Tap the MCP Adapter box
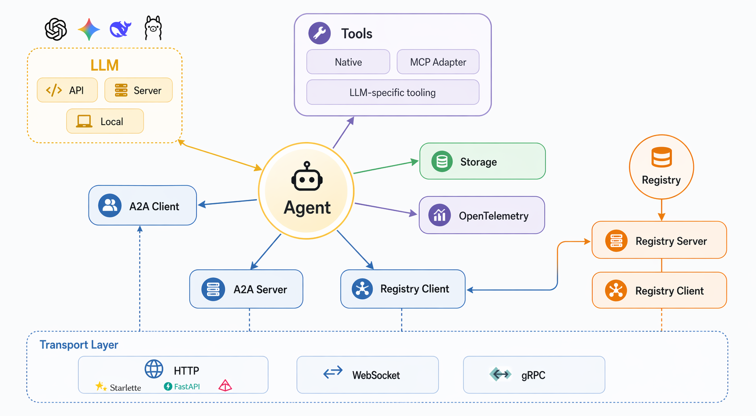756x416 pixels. coord(438,62)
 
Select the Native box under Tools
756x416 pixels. coord(348,62)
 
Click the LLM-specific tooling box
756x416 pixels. coord(393,92)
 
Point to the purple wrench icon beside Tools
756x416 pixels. coord(319,33)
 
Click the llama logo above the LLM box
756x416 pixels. coord(153,28)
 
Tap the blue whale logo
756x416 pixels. coord(121,29)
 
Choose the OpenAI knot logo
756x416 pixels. coord(56,29)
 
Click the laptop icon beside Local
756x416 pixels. coord(84,121)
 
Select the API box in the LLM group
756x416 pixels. coord(67,90)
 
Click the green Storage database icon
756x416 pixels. coord(442,161)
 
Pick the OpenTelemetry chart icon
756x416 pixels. coord(439,215)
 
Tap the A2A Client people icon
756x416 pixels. coord(110,205)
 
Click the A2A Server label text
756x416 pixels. coord(260,289)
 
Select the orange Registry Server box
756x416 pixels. coord(659,240)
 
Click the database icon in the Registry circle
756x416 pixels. coord(662,157)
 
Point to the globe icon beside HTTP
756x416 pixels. coord(154,369)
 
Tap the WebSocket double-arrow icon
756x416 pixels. coord(333,372)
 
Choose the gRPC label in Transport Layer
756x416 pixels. coord(533,375)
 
